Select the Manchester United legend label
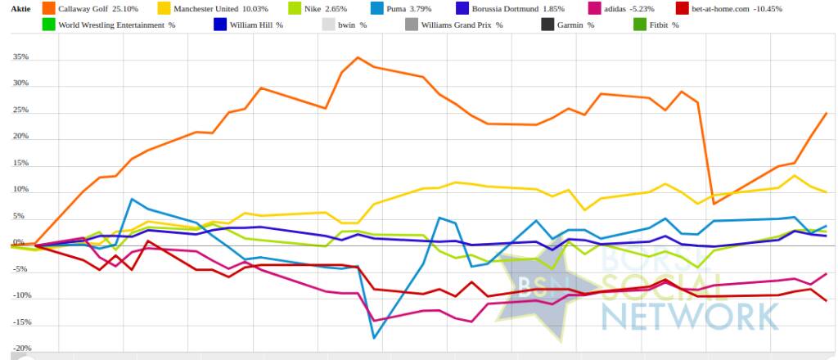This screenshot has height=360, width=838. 209,8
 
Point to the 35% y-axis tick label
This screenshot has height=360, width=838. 20,58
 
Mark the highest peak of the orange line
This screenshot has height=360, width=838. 358,57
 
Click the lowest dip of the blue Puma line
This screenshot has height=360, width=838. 374,337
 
